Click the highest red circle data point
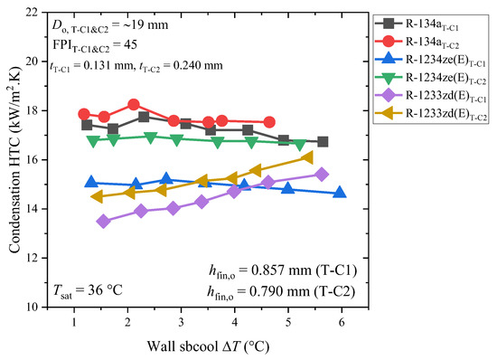[x=134, y=105]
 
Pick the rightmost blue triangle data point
[x=339, y=192]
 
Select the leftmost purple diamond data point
[x=104, y=221]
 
